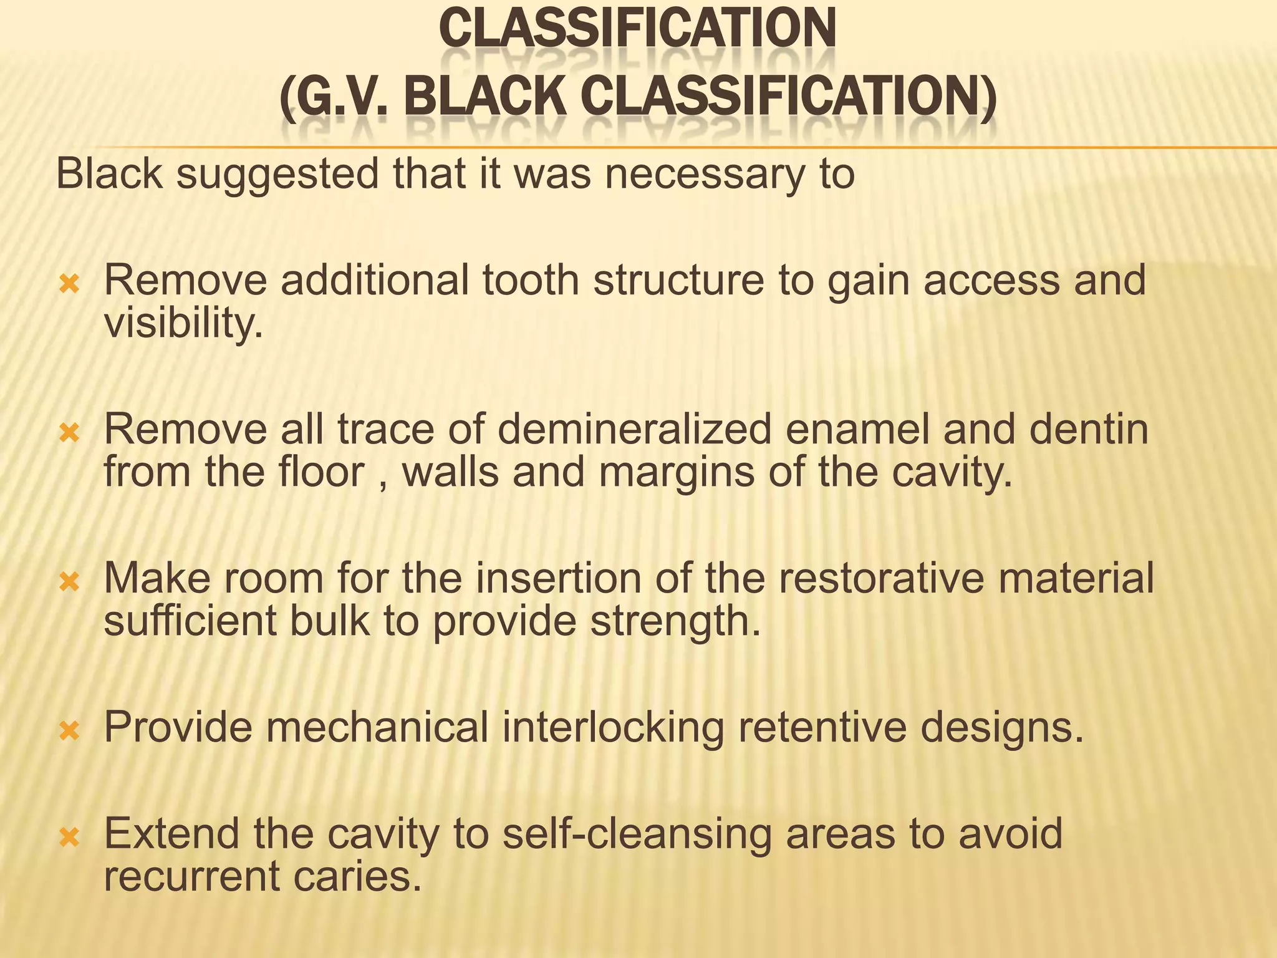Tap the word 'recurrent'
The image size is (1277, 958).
pyautogui.click(x=191, y=876)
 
